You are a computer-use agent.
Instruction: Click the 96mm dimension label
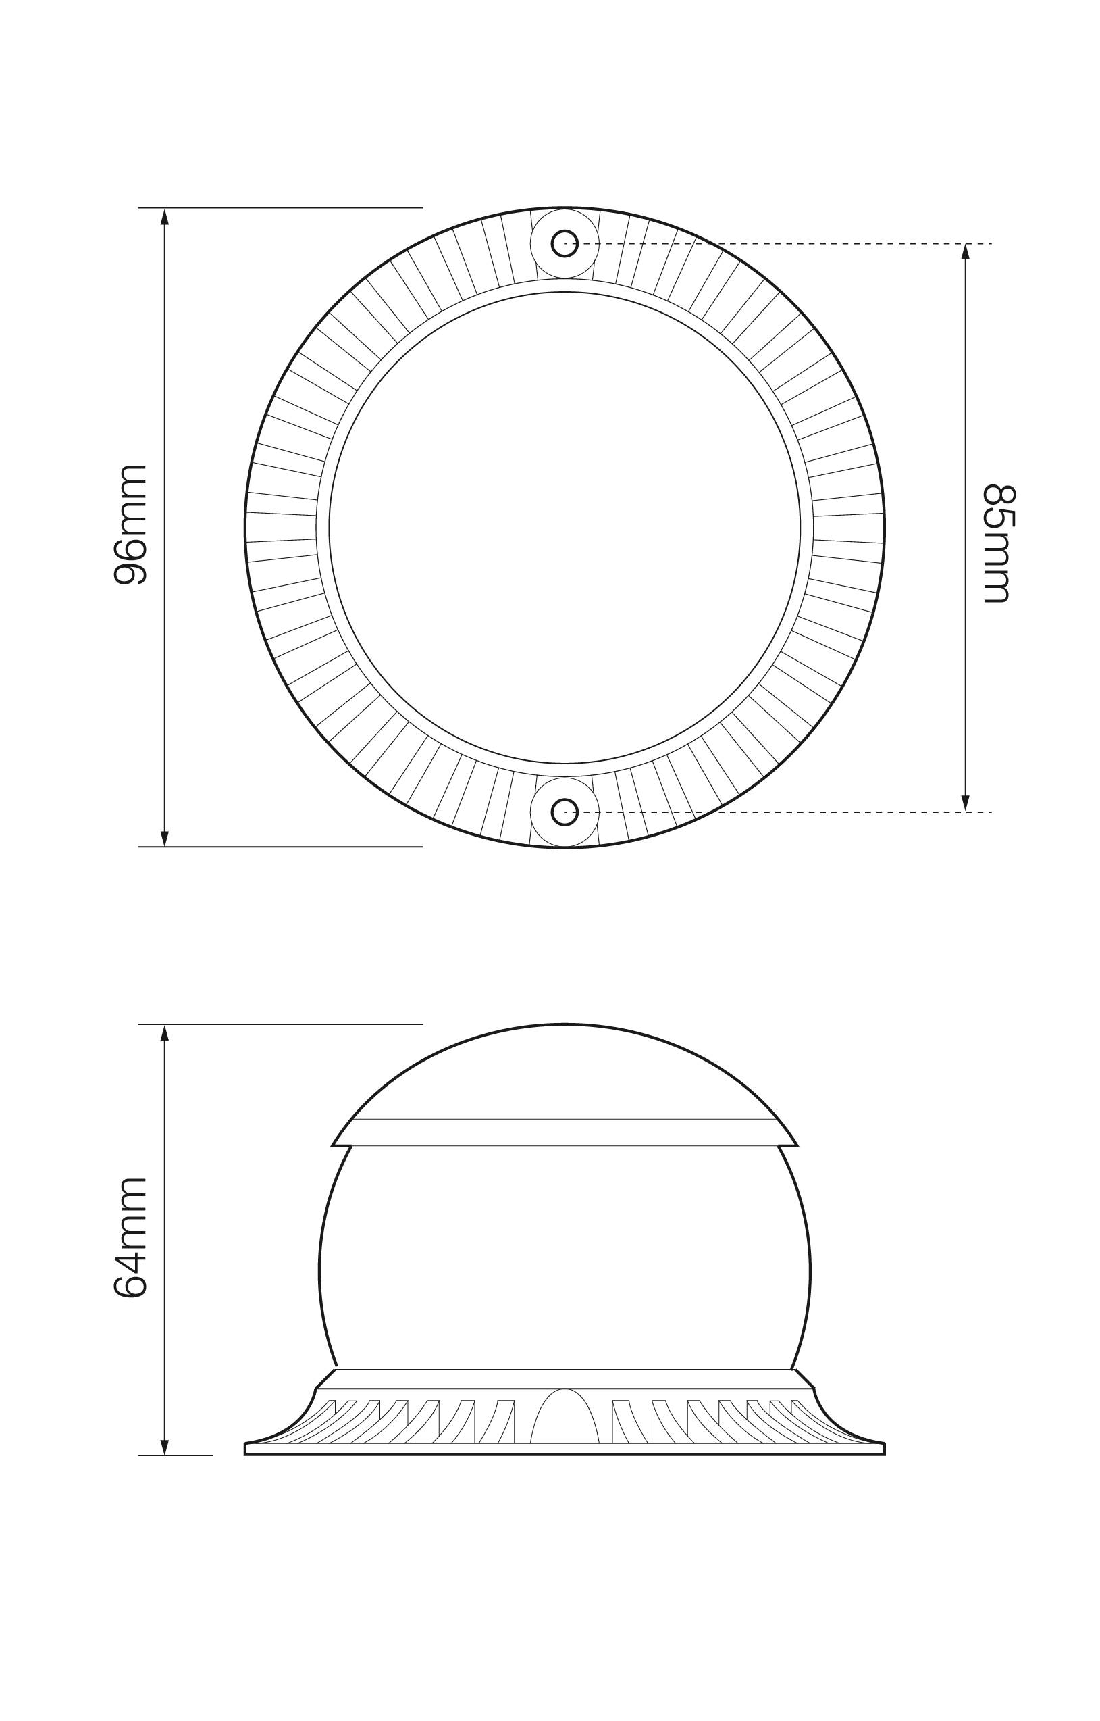click(x=131, y=524)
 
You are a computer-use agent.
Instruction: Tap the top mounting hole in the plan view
click(x=565, y=243)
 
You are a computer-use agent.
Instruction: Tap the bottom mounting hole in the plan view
click(x=565, y=812)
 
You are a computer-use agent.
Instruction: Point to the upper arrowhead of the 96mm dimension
click(x=165, y=216)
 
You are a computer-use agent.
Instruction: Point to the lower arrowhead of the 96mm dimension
click(x=165, y=838)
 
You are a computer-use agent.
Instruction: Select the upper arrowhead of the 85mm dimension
click(x=965, y=252)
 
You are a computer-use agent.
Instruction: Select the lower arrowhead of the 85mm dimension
click(x=965, y=803)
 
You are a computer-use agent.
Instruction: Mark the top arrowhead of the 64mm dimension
click(x=165, y=1033)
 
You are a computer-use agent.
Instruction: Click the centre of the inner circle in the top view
click(x=565, y=527)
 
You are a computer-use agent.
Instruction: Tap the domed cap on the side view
click(x=565, y=1072)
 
